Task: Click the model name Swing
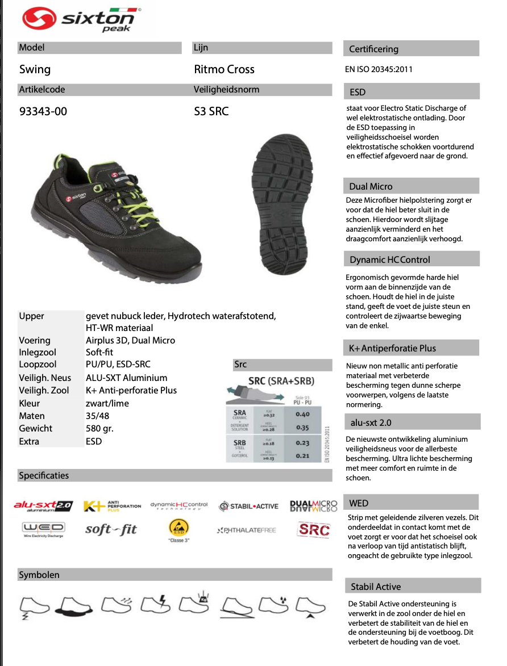click(35, 69)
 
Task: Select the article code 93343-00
click(43, 111)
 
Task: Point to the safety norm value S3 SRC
click(211, 111)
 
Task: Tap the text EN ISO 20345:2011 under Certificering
click(379, 69)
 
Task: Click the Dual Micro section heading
click(371, 186)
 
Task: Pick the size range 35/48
click(98, 416)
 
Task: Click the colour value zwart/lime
click(107, 403)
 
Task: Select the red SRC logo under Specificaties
click(314, 529)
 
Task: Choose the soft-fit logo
click(111, 530)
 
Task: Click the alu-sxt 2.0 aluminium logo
click(43, 505)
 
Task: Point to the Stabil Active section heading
click(376, 587)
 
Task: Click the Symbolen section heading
click(39, 575)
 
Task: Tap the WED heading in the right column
click(359, 503)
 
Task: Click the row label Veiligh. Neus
click(45, 378)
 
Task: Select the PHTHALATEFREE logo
click(246, 530)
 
